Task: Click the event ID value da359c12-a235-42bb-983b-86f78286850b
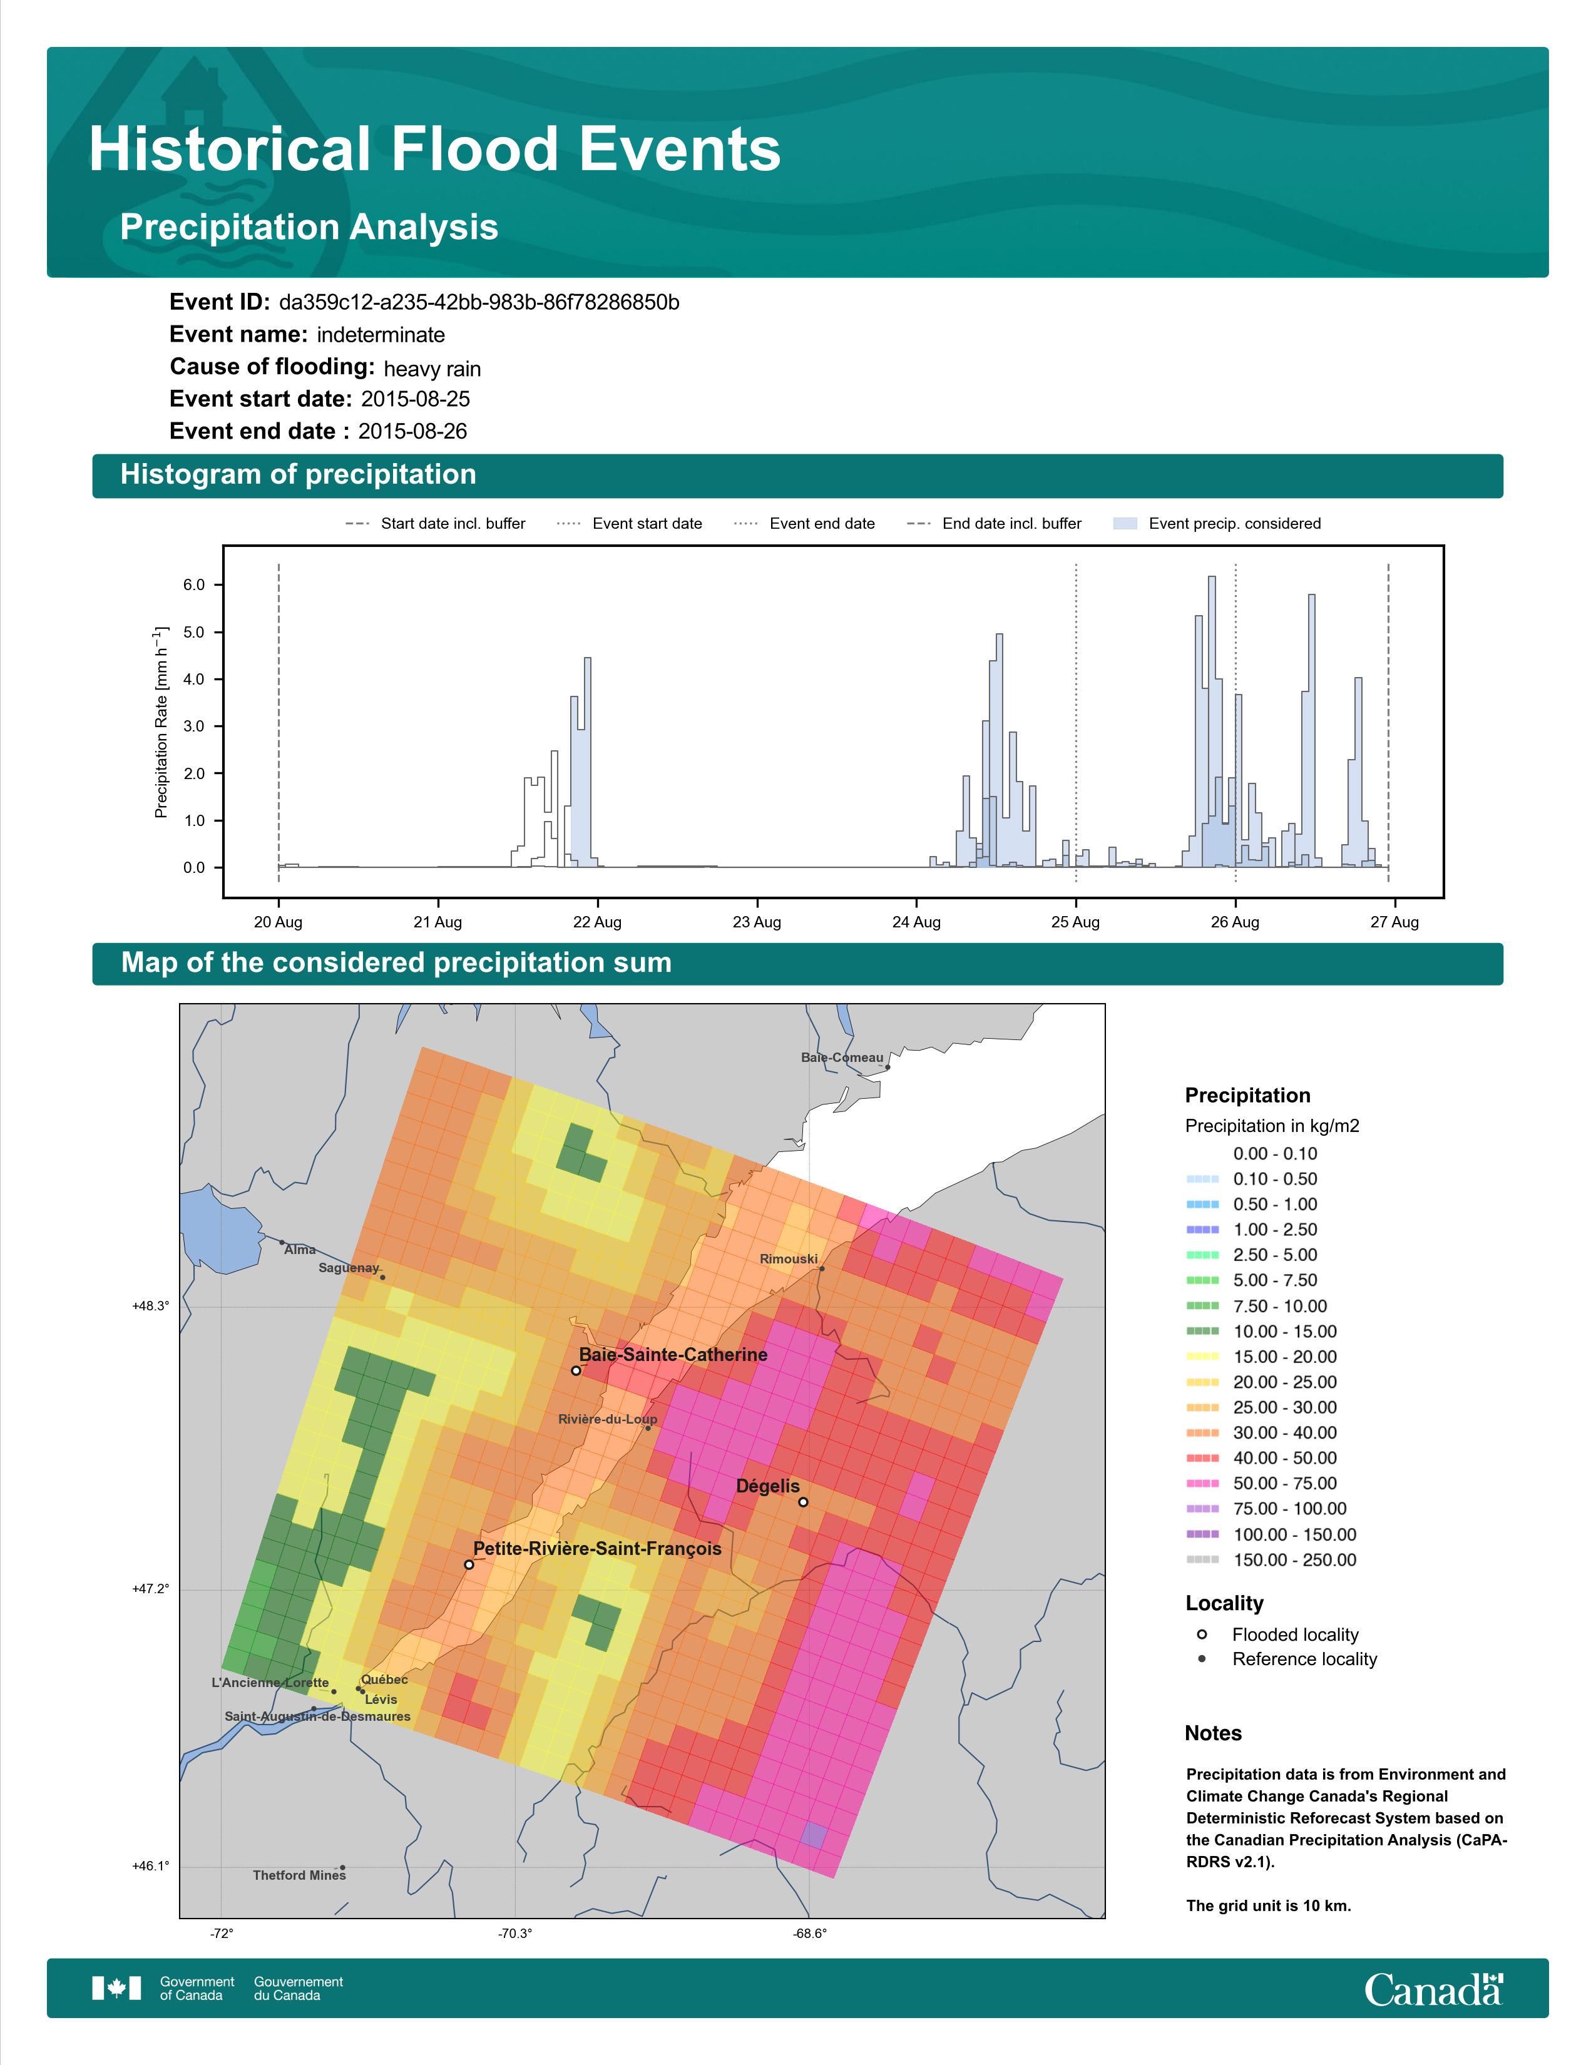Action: (479, 303)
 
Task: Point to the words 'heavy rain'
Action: (432, 369)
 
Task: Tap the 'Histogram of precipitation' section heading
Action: (298, 475)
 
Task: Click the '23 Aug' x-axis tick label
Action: (757, 922)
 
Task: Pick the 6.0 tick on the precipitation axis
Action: (194, 585)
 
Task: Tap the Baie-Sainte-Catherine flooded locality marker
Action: (576, 1370)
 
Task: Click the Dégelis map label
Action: (768, 1486)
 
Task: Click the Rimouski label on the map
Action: (789, 1258)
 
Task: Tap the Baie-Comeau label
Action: (841, 1057)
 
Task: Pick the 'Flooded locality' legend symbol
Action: (1202, 1634)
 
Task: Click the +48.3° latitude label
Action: (150, 1306)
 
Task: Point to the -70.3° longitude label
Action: (515, 1934)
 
